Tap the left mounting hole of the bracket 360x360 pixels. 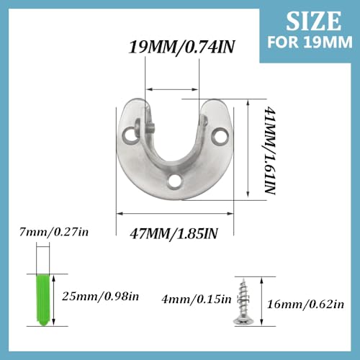(131, 135)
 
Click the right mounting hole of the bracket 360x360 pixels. (217, 134)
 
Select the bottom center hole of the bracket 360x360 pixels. (174, 181)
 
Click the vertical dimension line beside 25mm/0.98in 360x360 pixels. (59, 295)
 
